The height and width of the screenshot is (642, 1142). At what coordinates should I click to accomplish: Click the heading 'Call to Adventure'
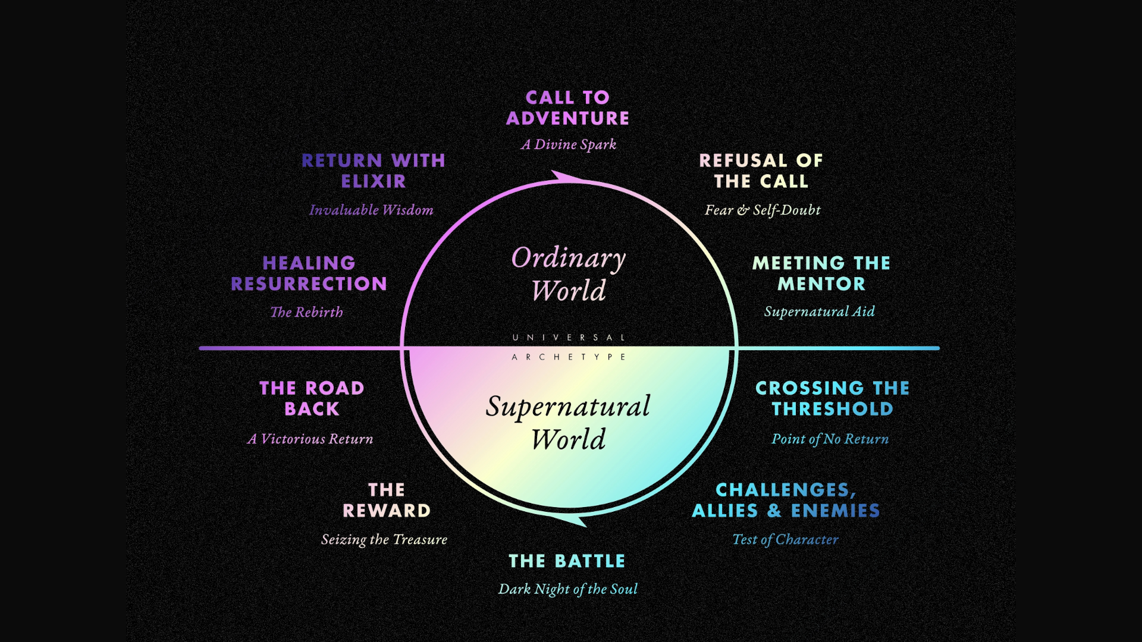(567, 108)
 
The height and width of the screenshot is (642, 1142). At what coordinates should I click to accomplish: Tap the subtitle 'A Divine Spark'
(568, 144)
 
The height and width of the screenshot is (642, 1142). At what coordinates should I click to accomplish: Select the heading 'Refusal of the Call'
(761, 171)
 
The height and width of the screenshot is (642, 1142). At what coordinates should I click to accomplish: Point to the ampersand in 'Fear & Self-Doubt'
(743, 210)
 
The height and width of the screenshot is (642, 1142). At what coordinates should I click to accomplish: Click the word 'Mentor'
(821, 284)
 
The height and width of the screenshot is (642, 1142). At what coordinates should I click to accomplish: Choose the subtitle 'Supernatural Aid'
(819, 311)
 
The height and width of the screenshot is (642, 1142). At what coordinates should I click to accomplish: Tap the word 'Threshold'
(832, 409)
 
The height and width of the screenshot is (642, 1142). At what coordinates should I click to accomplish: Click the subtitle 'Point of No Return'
(830, 439)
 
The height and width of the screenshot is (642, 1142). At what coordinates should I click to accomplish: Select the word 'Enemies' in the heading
(835, 511)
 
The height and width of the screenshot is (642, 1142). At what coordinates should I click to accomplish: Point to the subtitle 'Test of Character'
(785, 539)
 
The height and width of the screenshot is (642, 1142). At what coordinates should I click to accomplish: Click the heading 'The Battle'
(567, 561)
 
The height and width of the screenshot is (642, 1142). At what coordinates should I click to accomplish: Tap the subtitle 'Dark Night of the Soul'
(567, 589)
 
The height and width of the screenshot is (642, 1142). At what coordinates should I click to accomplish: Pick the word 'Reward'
(387, 511)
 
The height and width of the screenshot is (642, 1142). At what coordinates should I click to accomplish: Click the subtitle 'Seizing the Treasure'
(384, 539)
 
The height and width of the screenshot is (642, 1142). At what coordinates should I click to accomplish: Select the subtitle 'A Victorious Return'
(310, 439)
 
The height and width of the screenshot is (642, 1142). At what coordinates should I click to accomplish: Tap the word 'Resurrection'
(309, 284)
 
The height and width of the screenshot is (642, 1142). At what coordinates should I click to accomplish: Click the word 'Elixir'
(374, 181)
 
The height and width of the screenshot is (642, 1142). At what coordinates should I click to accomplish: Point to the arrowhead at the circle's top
(565, 177)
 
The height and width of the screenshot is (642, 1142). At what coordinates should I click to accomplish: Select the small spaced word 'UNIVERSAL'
(569, 338)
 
